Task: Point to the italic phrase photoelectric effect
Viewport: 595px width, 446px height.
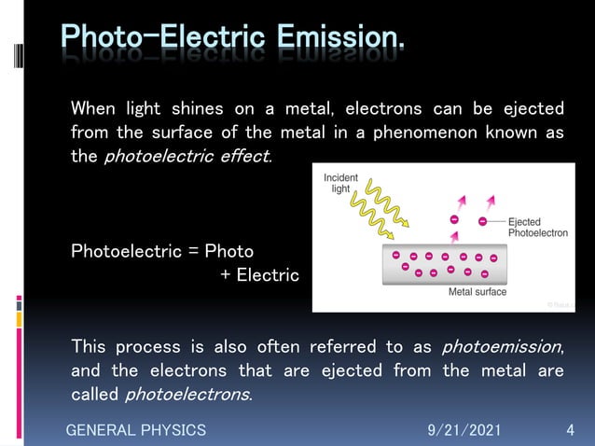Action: (187, 156)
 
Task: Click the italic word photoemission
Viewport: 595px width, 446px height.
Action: (501, 347)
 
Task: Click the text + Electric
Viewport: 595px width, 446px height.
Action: (259, 275)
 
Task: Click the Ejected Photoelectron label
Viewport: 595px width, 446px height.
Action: (537, 228)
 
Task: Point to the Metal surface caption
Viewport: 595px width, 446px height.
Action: (477, 292)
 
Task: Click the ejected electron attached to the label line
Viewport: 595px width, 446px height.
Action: (482, 222)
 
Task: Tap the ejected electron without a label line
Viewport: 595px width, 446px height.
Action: (454, 219)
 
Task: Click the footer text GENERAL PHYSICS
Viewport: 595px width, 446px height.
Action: (135, 430)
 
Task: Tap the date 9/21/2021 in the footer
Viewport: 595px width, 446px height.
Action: (464, 430)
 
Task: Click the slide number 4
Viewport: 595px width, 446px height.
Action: (570, 430)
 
